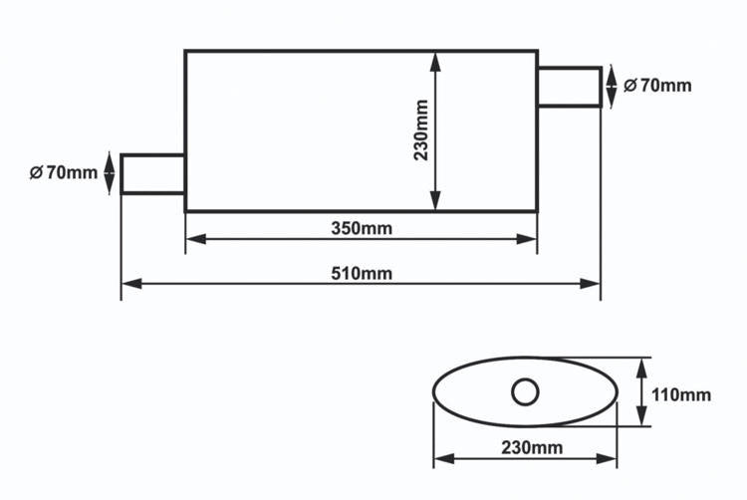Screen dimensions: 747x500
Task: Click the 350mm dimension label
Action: (x=362, y=228)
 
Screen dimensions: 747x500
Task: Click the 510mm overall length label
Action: (x=362, y=274)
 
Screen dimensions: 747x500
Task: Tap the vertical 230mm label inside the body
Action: (x=421, y=130)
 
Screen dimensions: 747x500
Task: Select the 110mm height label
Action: (x=681, y=394)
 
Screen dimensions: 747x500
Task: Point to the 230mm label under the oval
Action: (x=532, y=447)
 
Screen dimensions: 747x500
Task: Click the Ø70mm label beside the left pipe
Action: (x=64, y=172)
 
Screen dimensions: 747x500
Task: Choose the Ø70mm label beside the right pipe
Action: (x=657, y=86)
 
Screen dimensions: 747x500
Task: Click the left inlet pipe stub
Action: (x=152, y=174)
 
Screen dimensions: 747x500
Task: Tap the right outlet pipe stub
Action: (x=570, y=87)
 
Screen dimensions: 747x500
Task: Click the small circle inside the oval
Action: (x=525, y=391)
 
